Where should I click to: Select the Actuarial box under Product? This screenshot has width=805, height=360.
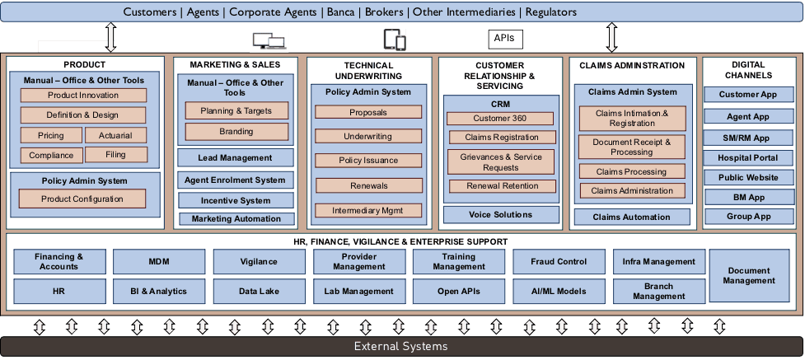pos(115,135)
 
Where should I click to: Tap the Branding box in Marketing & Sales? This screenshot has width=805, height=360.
pos(236,131)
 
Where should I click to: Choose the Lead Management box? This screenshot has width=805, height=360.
pos(235,157)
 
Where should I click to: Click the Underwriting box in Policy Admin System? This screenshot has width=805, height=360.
pos(368,136)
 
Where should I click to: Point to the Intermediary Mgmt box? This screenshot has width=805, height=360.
pos(368,210)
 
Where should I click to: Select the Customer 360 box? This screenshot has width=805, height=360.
pos(500,119)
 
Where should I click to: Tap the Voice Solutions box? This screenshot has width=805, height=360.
pos(500,215)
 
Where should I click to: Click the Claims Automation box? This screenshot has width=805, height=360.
pos(632,217)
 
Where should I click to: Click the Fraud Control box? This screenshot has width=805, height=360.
pos(559,262)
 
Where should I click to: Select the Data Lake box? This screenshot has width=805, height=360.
pos(259,291)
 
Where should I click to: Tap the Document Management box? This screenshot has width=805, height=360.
pos(749,275)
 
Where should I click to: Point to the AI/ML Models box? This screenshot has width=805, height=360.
pos(559,291)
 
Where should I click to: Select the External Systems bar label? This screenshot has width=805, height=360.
pos(402,346)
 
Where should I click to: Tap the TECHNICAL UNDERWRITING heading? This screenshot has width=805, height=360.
pos(368,70)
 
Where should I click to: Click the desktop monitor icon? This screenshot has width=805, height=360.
pos(265,39)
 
